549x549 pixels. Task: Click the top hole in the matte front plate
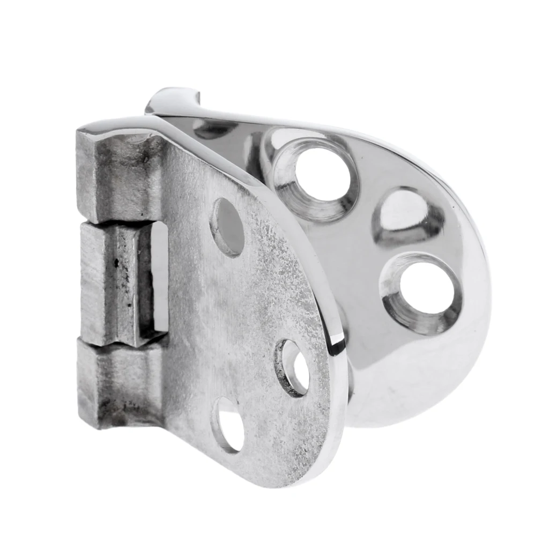[x=227, y=226]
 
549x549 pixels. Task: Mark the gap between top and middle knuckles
[x=118, y=221]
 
